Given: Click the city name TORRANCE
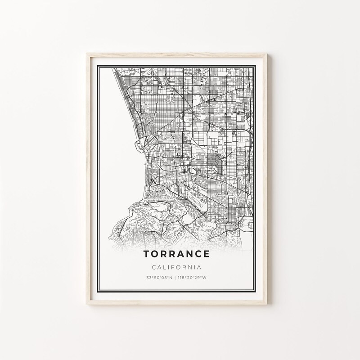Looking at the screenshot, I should pos(176,254).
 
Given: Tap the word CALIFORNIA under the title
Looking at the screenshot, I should pos(176,268).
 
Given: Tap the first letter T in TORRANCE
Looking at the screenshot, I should pos(147,254).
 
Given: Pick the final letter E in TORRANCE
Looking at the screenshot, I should pos(206,254).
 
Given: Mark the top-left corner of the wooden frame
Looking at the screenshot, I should pos(86,53).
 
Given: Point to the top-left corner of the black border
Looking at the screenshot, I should pos(99,66).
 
